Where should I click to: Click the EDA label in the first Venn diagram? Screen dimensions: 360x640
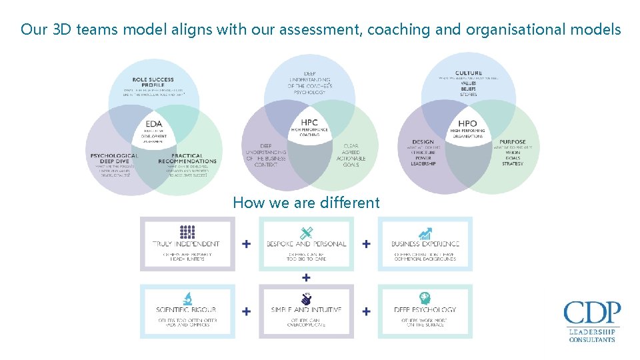[x=154, y=123]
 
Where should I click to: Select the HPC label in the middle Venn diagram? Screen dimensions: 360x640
[x=309, y=123]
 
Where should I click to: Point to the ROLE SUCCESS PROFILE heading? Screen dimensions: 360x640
[x=154, y=83]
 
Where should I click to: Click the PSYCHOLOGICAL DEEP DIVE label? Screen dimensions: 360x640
[x=114, y=159]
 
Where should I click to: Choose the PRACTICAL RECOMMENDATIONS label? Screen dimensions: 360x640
[x=187, y=159]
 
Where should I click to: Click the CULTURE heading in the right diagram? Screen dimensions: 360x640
[x=469, y=73]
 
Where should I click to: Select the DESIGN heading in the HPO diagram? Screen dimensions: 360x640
[x=423, y=142]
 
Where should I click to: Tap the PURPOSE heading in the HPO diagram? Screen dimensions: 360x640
[x=512, y=142]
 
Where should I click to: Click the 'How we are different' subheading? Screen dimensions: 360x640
[x=306, y=203]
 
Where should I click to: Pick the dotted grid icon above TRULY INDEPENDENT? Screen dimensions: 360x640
[x=187, y=232]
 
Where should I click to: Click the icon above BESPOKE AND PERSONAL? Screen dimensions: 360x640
[x=306, y=233]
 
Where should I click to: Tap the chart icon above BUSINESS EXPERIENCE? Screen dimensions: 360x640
[x=425, y=233]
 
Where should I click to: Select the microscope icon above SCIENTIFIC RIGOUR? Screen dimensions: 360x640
[x=187, y=299]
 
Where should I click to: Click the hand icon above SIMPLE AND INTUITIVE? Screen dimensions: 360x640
[x=306, y=299]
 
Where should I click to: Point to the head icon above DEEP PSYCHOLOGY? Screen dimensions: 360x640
[x=425, y=299]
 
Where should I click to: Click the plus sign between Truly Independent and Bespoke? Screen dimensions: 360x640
[x=247, y=244]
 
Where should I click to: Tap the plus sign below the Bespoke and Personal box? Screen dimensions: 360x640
[x=306, y=277]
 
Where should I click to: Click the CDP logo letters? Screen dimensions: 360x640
[x=592, y=313]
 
